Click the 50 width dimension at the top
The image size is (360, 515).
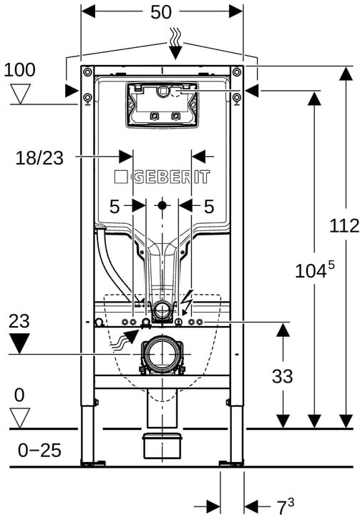(x=161, y=12)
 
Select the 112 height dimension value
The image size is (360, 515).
(x=344, y=226)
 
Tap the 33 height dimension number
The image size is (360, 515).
(x=283, y=376)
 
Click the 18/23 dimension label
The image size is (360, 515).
(x=39, y=158)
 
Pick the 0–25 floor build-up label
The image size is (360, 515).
(x=39, y=450)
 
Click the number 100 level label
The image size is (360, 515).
(x=19, y=70)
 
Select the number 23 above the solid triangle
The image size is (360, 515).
(x=19, y=321)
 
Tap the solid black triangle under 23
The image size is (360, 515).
(x=20, y=343)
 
